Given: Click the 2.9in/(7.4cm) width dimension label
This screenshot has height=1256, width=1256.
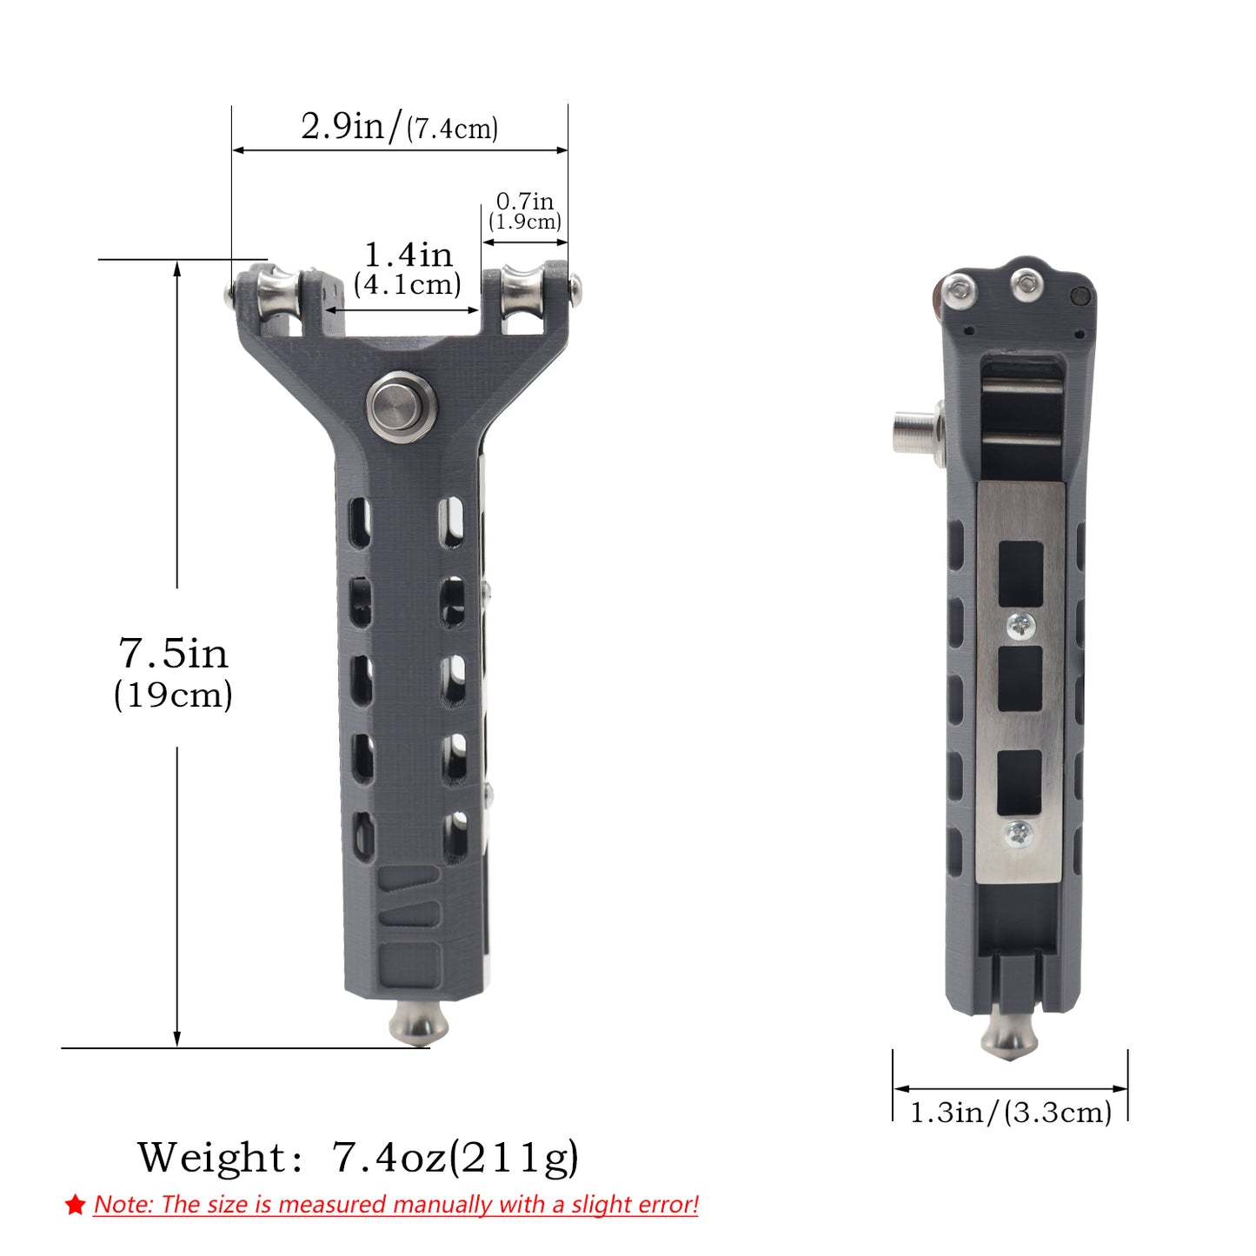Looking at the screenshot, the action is pyautogui.click(x=399, y=126).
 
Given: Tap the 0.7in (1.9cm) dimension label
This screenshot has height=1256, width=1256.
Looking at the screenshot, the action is pyautogui.click(x=525, y=211).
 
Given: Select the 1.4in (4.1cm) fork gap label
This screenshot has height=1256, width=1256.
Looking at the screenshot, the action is pyautogui.click(x=408, y=269).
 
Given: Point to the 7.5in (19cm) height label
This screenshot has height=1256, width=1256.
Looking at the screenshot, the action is pyautogui.click(x=173, y=674).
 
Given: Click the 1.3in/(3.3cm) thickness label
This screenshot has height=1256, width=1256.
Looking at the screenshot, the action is pyautogui.click(x=1010, y=1112).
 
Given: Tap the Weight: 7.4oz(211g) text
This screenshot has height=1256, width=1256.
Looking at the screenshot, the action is pyautogui.click(x=358, y=1158).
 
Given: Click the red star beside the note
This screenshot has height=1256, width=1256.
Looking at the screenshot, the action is pyautogui.click(x=76, y=1205).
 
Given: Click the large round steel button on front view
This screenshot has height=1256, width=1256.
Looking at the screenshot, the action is pyautogui.click(x=401, y=408).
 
